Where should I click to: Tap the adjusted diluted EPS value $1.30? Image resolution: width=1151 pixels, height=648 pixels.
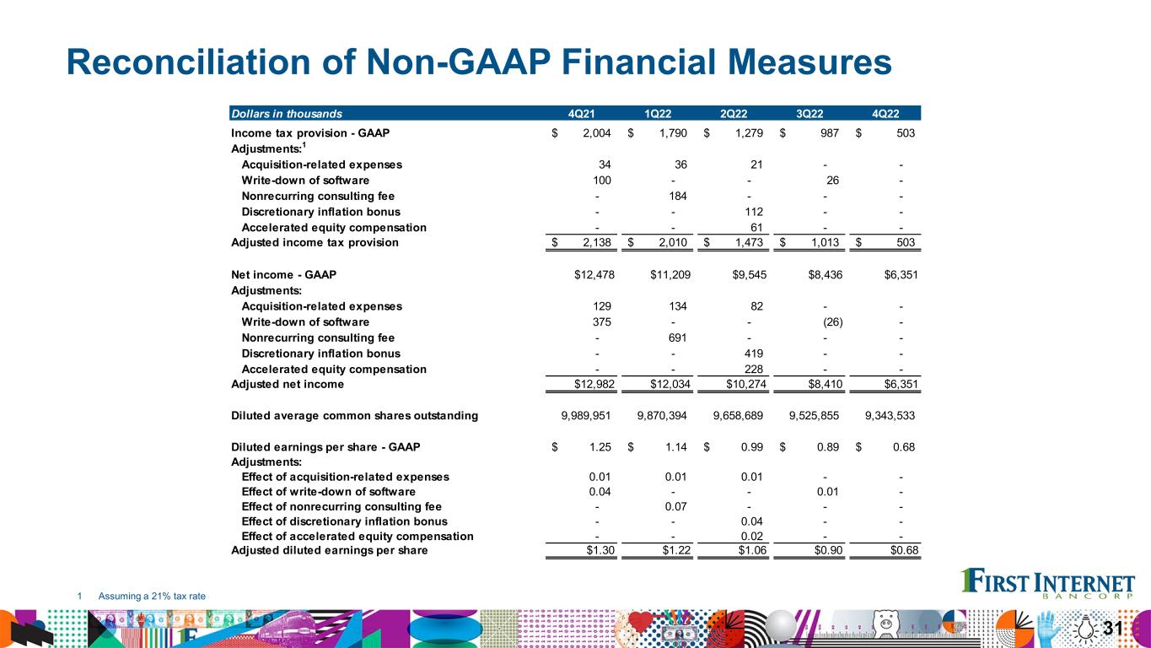pos(595,551)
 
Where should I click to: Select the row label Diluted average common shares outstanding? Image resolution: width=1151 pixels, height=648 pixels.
pos(354,416)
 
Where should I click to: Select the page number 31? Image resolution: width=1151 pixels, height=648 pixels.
pos(1113,628)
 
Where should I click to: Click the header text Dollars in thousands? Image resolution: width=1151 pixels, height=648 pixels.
pos(287,113)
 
